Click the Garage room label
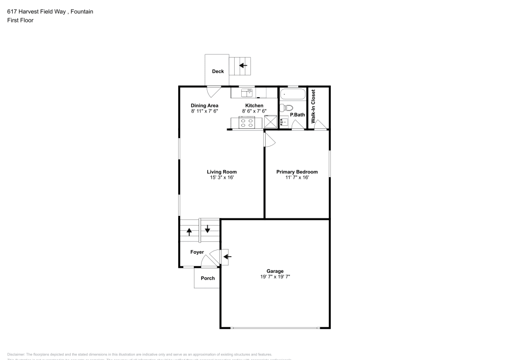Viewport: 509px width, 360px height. [275, 271]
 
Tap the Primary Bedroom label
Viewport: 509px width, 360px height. [297, 172]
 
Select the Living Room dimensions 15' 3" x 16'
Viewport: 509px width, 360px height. [221, 178]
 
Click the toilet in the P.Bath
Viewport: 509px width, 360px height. [285, 107]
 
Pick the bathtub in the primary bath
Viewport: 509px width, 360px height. [292, 95]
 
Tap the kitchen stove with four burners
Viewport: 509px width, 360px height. [247, 123]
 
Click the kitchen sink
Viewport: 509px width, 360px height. [247, 93]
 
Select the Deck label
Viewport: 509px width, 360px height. [218, 71]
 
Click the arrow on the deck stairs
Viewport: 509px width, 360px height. [243, 65]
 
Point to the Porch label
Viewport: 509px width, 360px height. [208, 278]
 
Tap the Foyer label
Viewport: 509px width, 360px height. [197, 252]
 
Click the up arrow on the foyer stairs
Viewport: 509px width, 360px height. [189, 232]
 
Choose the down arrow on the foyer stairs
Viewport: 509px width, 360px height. [208, 228]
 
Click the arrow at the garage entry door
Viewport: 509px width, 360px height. [227, 256]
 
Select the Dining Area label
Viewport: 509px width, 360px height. [205, 105]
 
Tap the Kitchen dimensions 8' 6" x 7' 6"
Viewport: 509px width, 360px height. [254, 111]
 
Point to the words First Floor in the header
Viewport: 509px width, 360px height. [20, 20]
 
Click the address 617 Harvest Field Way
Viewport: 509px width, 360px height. [36, 11]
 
